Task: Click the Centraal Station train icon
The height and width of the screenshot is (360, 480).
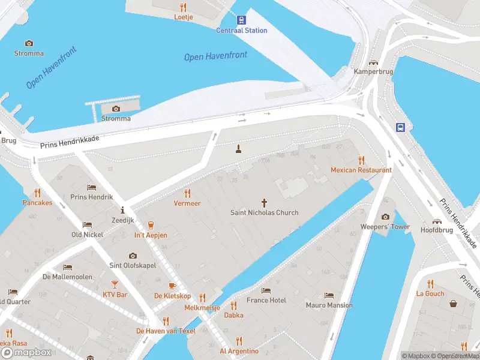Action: (241, 20)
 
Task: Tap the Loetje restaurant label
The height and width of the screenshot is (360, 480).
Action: (183, 17)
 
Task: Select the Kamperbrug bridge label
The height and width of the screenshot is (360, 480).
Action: (373, 71)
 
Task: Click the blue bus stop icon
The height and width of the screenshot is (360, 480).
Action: (400, 127)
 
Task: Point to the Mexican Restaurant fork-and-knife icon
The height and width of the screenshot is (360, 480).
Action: (361, 160)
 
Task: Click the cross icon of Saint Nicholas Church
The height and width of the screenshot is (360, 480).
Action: (264, 203)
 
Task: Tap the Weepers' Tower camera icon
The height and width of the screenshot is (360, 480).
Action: (385, 217)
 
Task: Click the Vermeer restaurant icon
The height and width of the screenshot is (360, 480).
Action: (187, 193)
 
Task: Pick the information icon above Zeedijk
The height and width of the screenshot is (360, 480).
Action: (123, 210)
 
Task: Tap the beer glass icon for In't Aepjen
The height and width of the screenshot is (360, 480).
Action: (151, 225)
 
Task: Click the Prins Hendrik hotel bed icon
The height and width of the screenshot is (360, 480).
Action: (91, 187)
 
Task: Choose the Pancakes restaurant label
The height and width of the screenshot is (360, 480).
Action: (37, 203)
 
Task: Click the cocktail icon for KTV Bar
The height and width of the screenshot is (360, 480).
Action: (115, 284)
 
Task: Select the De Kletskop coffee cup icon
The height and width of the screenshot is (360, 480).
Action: (172, 286)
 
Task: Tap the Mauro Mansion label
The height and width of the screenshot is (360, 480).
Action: (329, 305)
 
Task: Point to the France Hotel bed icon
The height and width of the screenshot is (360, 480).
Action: (266, 290)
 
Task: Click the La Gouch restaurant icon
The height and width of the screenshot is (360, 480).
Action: (430, 284)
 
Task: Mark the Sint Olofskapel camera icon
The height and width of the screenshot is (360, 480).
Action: (133, 255)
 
